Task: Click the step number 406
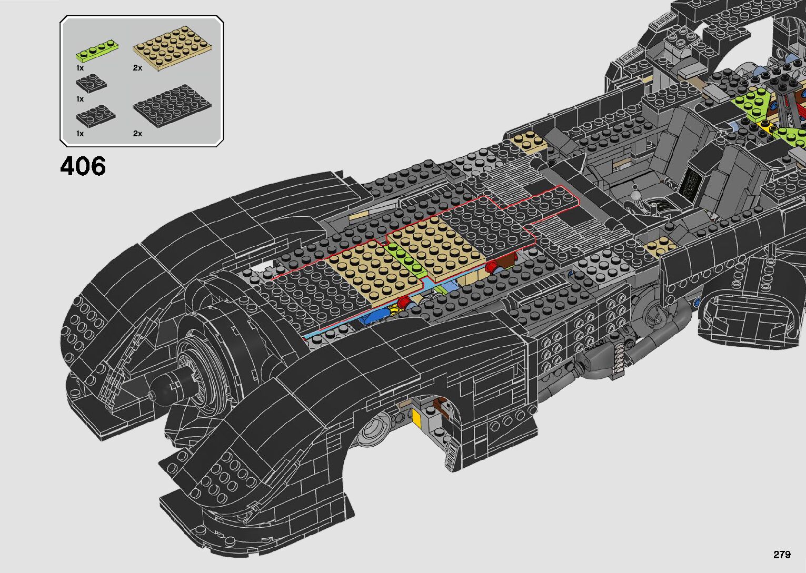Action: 83,166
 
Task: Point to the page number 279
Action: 782,555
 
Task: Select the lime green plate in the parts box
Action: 96,51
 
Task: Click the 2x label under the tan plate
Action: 137,68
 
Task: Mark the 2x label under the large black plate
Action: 137,134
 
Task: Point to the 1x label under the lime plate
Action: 80,68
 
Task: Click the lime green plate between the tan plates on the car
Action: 406,258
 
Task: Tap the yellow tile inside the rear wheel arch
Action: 417,418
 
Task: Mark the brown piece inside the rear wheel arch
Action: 438,405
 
